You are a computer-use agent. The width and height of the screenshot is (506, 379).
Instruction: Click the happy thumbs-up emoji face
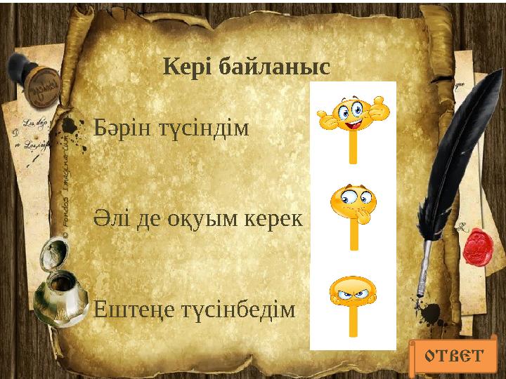pyautogui.click(x=353, y=112)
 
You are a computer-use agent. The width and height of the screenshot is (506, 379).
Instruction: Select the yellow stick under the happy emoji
pyautogui.click(x=353, y=147)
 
